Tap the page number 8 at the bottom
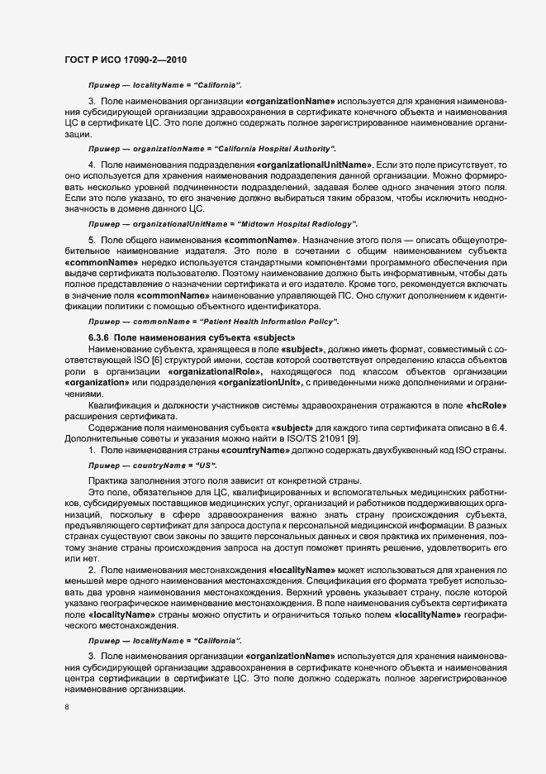(x=68, y=708)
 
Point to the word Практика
(x=108, y=481)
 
